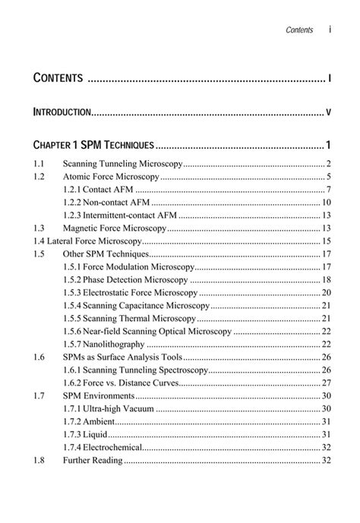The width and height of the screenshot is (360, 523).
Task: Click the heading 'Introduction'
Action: (62, 112)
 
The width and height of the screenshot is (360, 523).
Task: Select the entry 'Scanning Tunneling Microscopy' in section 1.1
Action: (123, 163)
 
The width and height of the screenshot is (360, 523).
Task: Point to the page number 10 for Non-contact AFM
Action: (325, 202)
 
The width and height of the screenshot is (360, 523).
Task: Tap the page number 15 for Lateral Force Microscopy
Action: (325, 241)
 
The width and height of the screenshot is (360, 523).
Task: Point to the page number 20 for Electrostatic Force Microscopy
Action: (325, 292)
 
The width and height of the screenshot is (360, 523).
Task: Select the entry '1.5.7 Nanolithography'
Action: (101, 344)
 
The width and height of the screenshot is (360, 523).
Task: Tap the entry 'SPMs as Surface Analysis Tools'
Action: (122, 357)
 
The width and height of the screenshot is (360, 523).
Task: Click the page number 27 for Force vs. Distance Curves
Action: (325, 383)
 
